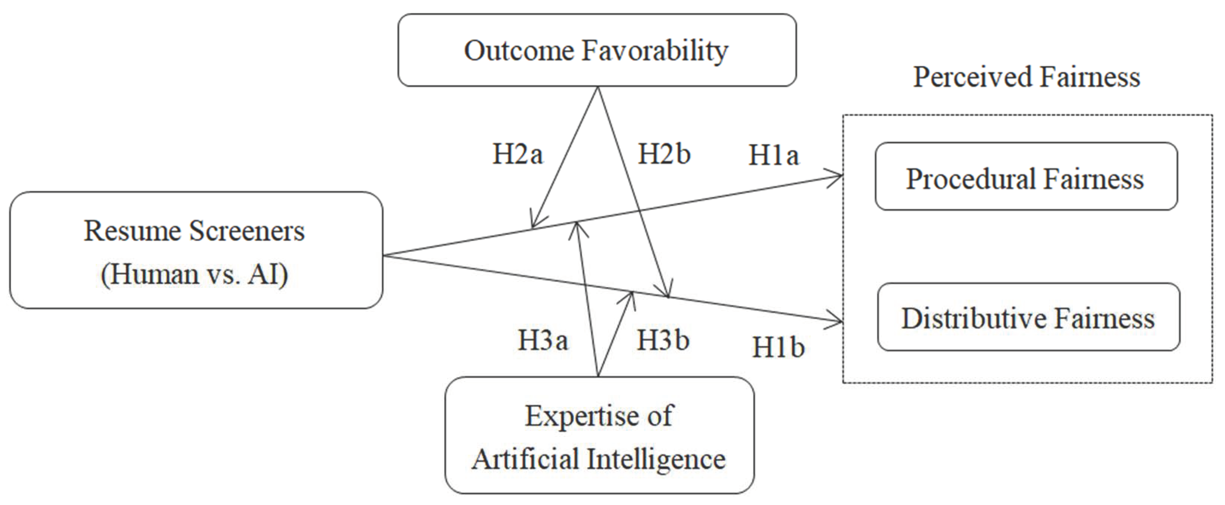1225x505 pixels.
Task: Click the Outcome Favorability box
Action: (x=597, y=50)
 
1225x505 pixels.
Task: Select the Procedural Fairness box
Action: (x=1026, y=177)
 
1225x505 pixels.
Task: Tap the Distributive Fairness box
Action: (x=1028, y=317)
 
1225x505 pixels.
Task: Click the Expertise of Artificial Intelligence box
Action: (x=599, y=436)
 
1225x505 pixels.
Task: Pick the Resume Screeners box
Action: (x=196, y=250)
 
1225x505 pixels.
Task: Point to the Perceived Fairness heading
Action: (x=1027, y=77)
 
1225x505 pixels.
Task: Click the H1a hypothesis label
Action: (x=774, y=155)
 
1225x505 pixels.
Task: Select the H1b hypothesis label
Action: (x=778, y=347)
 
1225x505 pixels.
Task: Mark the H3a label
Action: (x=542, y=340)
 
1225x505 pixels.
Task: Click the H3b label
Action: (x=663, y=340)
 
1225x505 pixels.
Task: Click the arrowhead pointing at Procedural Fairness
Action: (x=837, y=177)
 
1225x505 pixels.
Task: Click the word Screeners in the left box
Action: (x=247, y=231)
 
